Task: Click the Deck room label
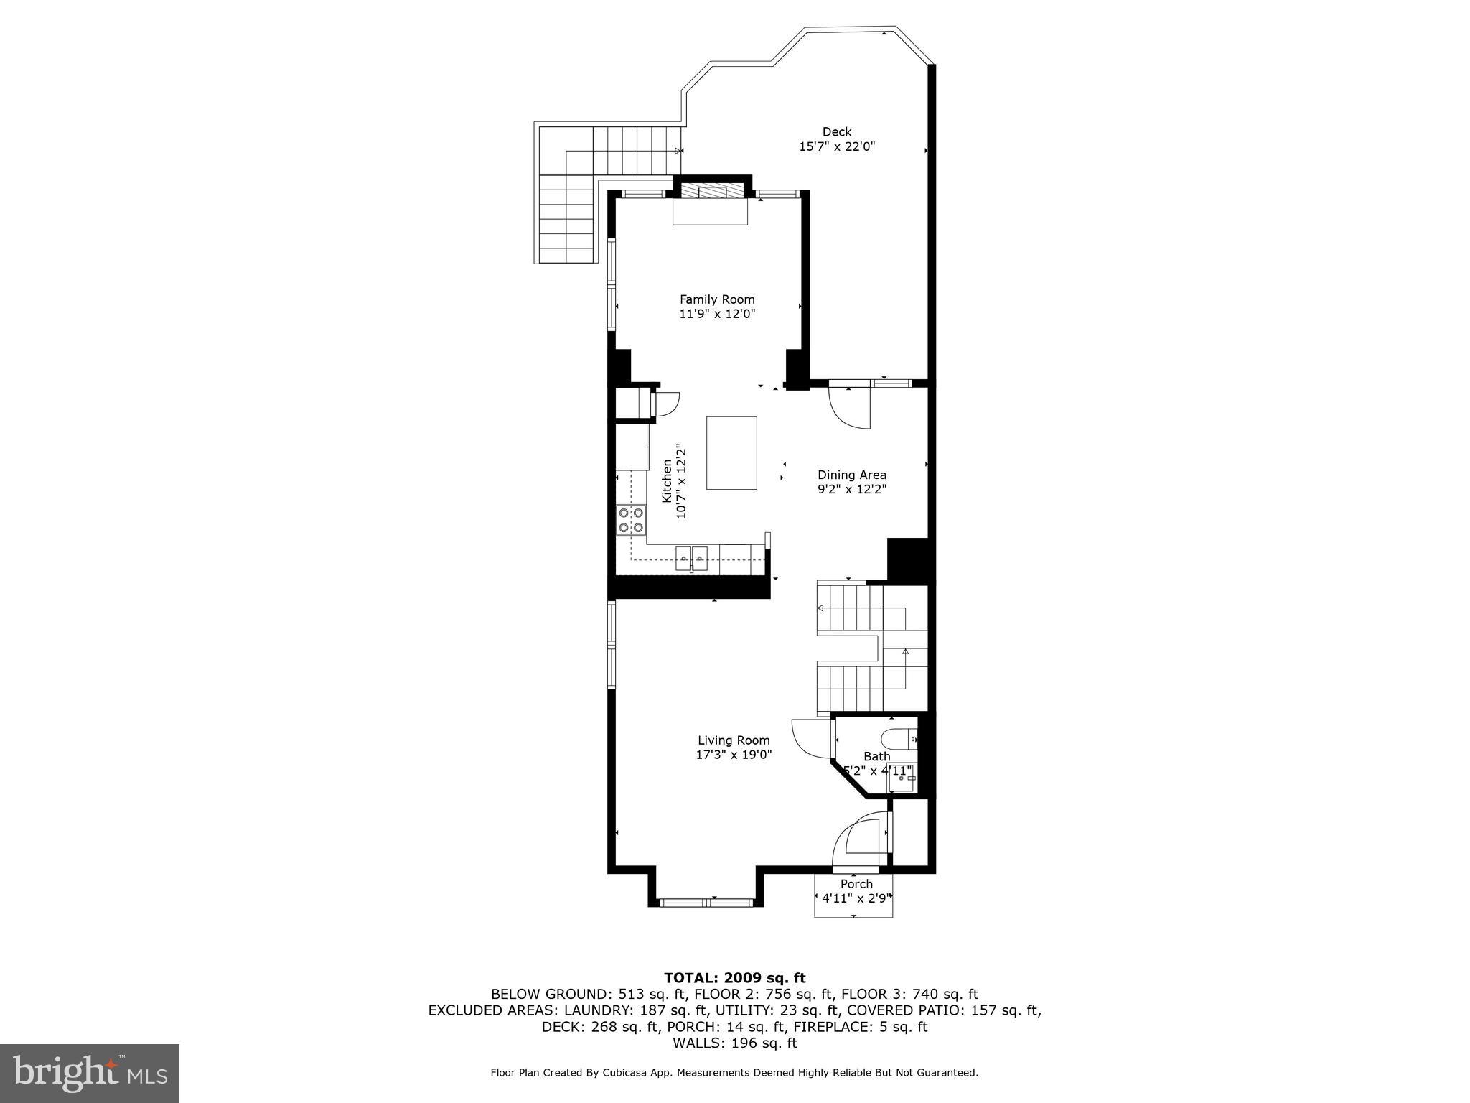pos(837,132)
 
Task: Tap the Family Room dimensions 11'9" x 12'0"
pos(717,314)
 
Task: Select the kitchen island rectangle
pos(731,452)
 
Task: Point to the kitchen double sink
pos(691,557)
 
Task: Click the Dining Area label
pos(852,475)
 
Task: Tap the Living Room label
pos(734,740)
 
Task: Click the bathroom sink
pos(902,778)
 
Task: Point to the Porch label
pos(856,884)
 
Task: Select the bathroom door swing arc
pos(810,738)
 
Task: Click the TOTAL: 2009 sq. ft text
pos(734,978)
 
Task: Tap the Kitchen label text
pos(667,480)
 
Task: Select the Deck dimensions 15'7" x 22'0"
pos(837,146)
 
